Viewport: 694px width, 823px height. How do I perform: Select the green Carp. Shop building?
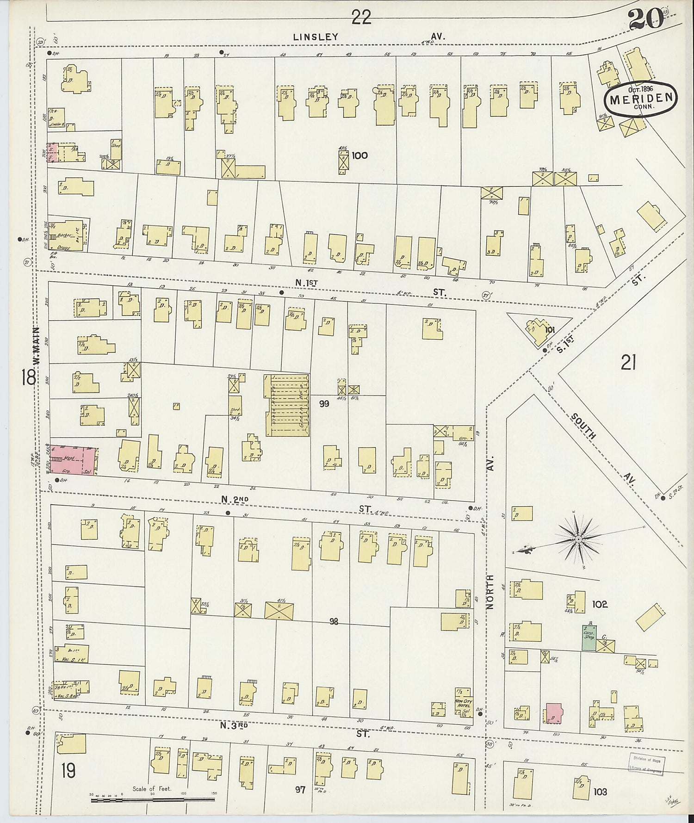tap(589, 638)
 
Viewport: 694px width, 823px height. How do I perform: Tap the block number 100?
tap(359, 155)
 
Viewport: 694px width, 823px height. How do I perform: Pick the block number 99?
tap(324, 404)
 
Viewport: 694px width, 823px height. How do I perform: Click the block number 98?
tap(334, 622)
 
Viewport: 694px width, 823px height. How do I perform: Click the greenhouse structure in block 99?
tap(287, 405)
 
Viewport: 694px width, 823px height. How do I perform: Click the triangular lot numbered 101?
tap(539, 329)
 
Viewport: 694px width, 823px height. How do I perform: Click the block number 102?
tap(599, 604)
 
